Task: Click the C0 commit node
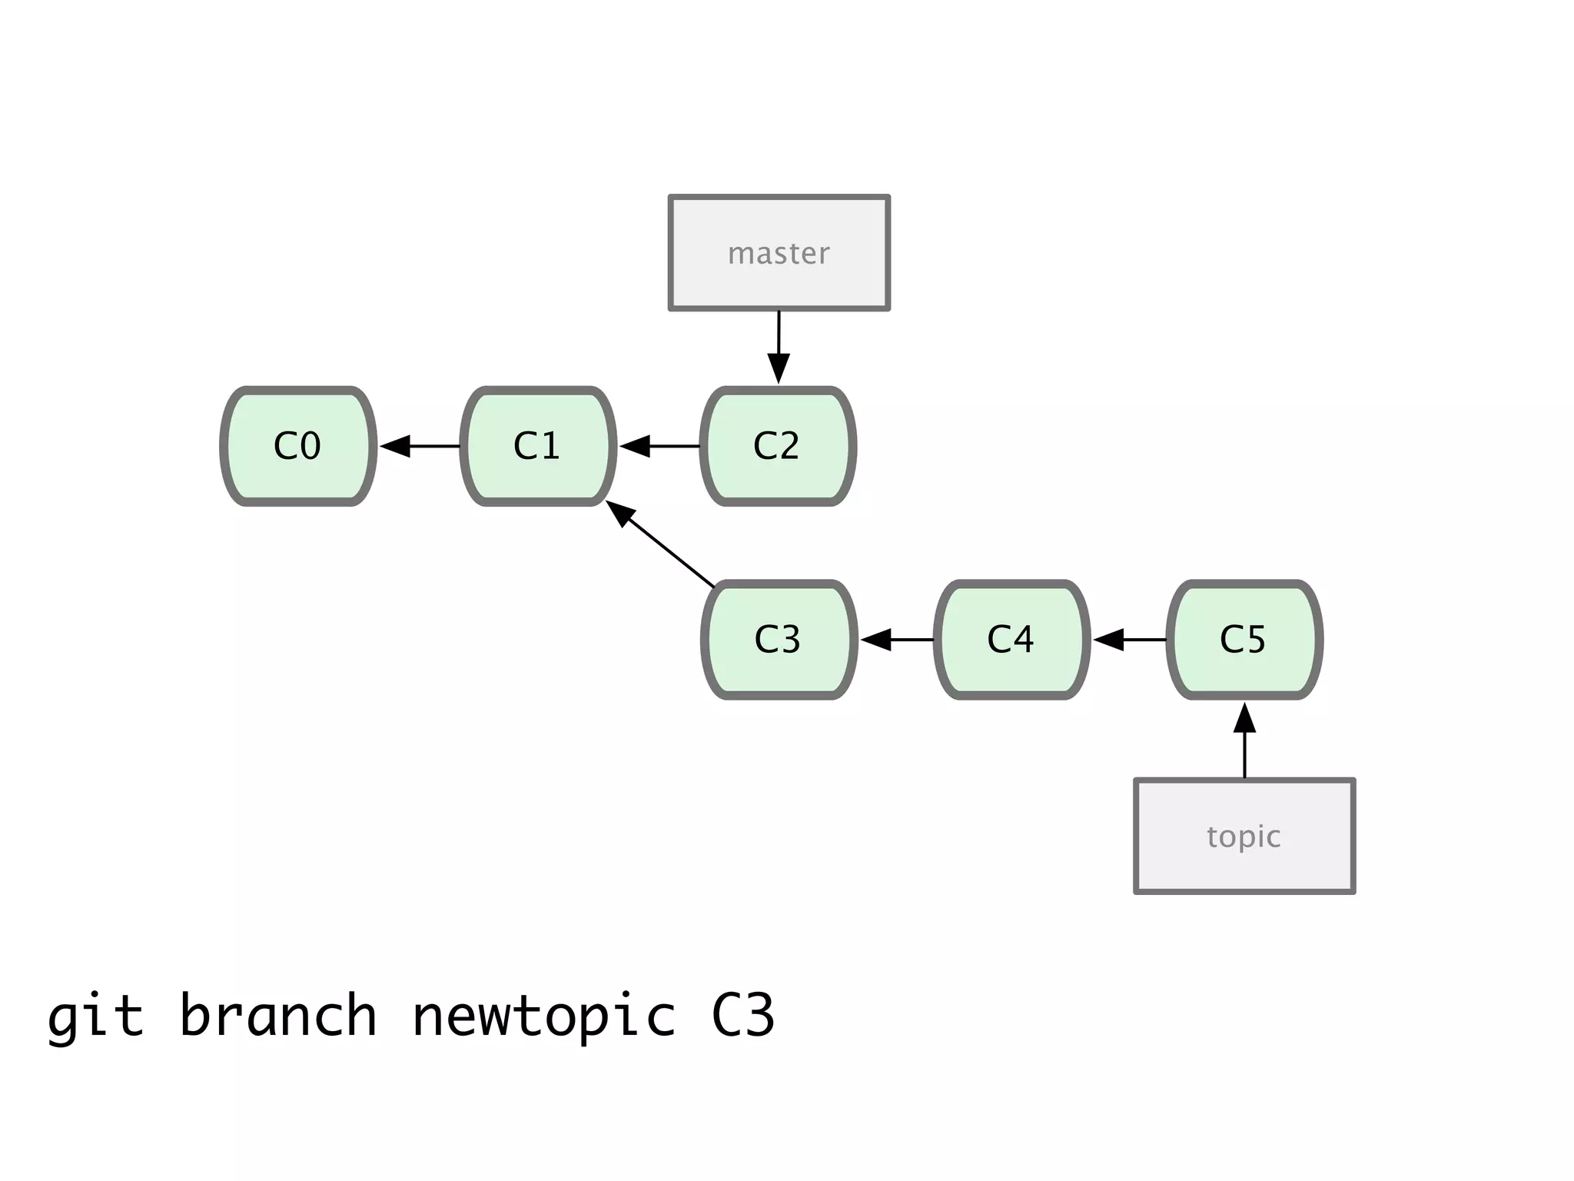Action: tap(298, 446)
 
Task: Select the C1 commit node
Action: tap(538, 446)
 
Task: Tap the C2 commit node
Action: tap(778, 446)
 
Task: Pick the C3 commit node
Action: tap(779, 640)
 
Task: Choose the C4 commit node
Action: tap(1011, 640)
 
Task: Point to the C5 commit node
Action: tap(1244, 640)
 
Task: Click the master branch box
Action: tap(779, 253)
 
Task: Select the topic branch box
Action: tap(1244, 836)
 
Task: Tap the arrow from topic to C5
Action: tap(1244, 741)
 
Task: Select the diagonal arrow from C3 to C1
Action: tap(661, 545)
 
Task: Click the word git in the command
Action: tap(95, 1016)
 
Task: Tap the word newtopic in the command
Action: tap(544, 1016)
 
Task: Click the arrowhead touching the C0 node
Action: tap(395, 446)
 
